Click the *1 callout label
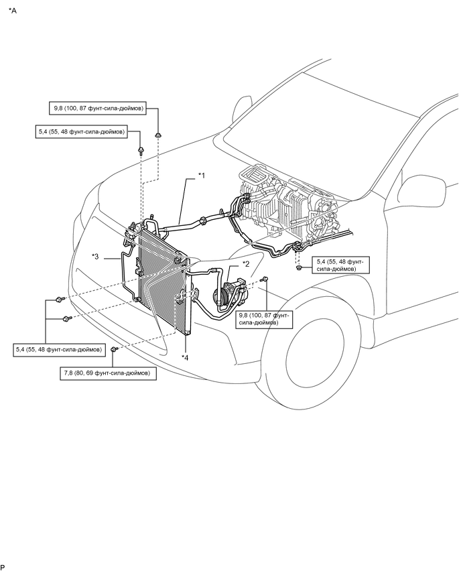coord(202,176)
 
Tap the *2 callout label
coord(246,263)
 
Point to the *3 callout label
coord(95,257)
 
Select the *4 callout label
coord(185,358)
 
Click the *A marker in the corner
coord(12,11)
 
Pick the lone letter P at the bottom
coord(3,567)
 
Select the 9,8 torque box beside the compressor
coord(263,318)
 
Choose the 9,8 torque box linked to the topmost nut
coord(98,108)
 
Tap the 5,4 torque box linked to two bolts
coord(58,349)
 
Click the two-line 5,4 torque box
coord(340,265)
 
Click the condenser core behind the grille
coord(162,278)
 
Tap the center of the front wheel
coord(316,351)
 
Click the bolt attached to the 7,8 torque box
coord(115,350)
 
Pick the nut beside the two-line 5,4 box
coord(298,268)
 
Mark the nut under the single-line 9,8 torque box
coord(158,135)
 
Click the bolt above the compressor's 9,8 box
coord(265,279)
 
